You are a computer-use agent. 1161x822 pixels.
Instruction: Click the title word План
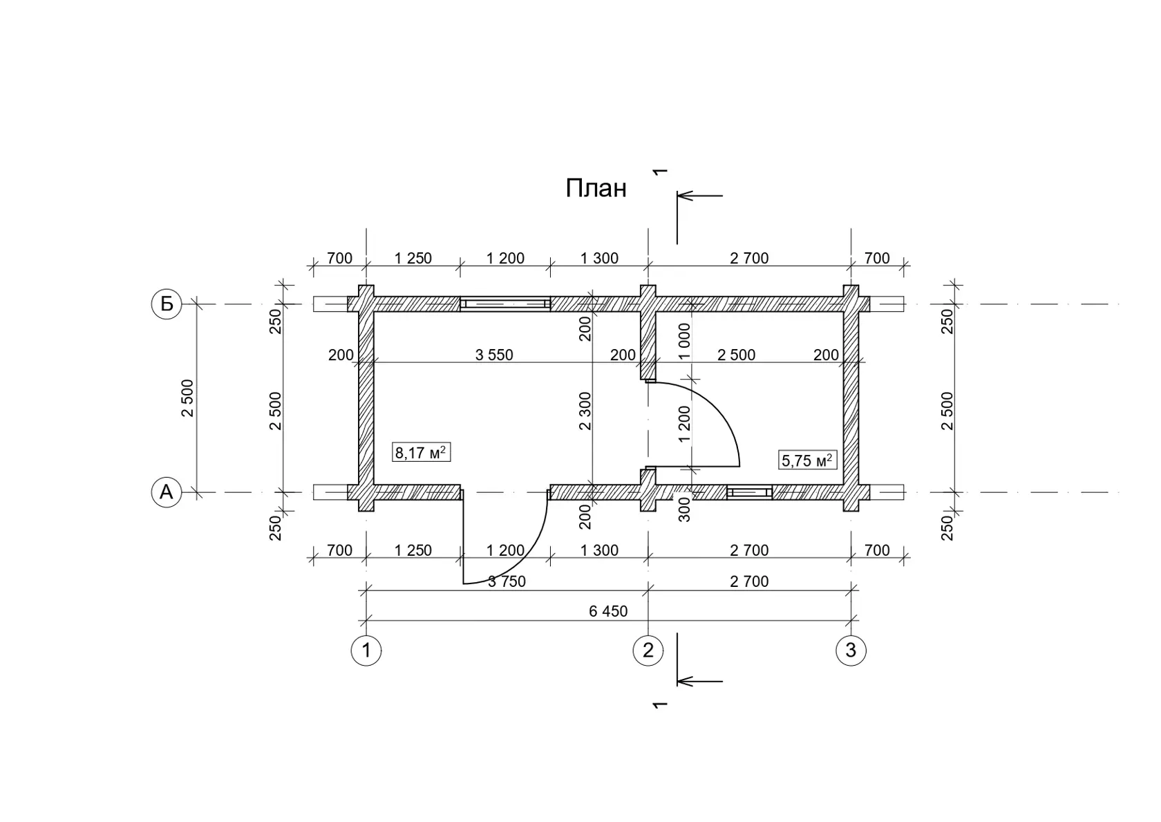pos(596,188)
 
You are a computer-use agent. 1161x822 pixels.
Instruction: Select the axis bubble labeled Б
pos(167,304)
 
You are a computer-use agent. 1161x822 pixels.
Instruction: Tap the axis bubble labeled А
pos(167,492)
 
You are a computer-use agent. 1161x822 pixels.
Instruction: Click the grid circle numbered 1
pos(366,651)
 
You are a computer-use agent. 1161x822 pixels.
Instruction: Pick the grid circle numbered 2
pos(648,651)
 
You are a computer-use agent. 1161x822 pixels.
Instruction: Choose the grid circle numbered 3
pos(851,651)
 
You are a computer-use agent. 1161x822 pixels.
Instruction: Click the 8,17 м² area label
pos(421,452)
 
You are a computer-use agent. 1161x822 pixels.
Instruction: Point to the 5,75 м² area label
pos(807,460)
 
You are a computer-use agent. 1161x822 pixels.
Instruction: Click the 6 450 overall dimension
pos(608,611)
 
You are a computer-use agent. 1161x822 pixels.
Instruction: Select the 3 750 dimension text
pos(507,581)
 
